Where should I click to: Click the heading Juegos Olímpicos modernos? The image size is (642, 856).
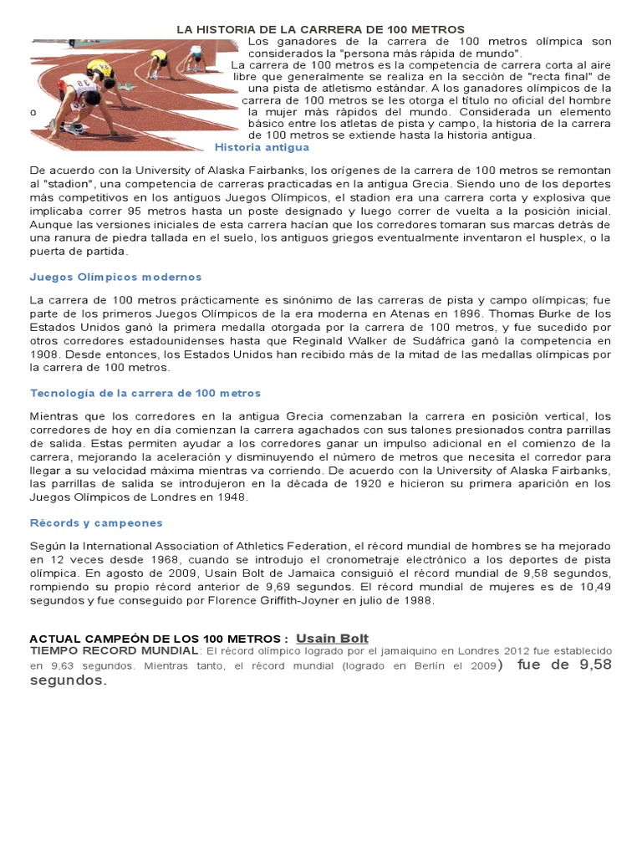115,277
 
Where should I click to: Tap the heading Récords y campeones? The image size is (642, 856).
96,522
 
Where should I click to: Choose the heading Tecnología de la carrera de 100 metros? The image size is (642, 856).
145,393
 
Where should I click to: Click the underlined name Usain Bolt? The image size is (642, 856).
332,639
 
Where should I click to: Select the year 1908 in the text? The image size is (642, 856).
43,354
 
